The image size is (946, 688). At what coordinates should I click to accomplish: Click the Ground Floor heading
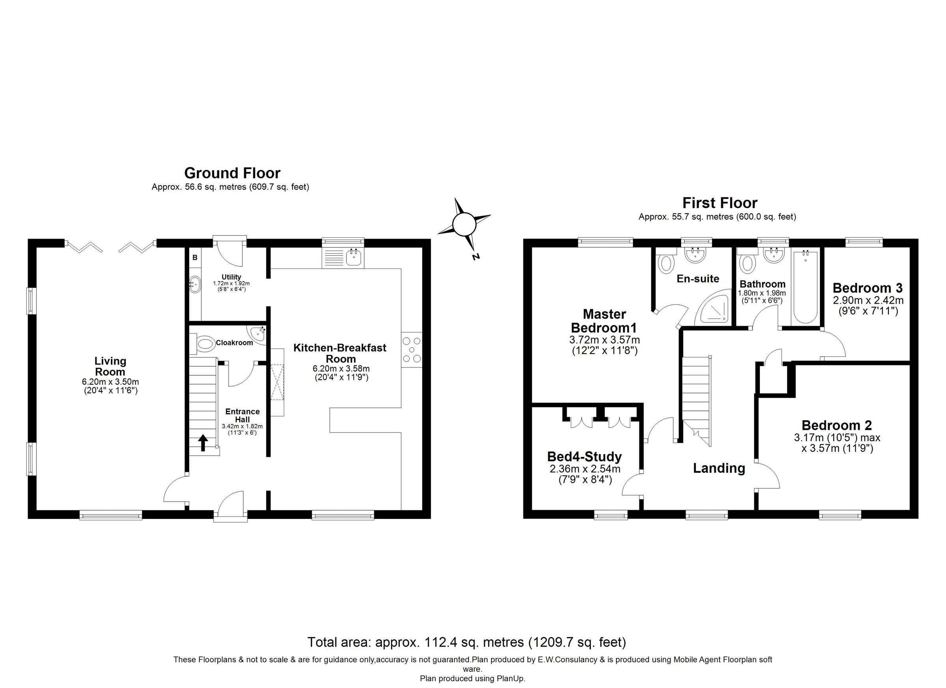tap(232, 173)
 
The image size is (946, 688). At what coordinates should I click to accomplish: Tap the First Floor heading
tap(719, 203)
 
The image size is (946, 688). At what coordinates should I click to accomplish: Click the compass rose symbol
tap(464, 225)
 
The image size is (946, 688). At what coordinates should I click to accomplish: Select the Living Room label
tap(110, 366)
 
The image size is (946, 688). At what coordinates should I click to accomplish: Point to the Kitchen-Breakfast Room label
tap(340, 353)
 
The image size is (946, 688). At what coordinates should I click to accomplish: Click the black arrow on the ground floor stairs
tap(203, 443)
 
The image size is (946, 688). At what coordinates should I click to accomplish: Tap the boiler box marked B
tap(195, 258)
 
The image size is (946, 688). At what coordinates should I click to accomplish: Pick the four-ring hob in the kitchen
tap(412, 350)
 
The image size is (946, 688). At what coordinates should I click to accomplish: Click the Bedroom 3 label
tap(868, 288)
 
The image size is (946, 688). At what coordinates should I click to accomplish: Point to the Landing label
tap(719, 468)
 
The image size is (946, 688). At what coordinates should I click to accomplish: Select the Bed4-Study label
tap(585, 457)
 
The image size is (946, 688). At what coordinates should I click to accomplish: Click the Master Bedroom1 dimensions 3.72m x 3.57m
tap(604, 339)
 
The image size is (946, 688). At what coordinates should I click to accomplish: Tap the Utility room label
tap(231, 277)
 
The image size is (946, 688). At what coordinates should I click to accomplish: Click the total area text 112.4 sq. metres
tap(466, 642)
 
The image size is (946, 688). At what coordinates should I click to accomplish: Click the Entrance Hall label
tap(242, 416)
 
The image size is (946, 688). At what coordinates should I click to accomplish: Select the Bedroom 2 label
tap(837, 425)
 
